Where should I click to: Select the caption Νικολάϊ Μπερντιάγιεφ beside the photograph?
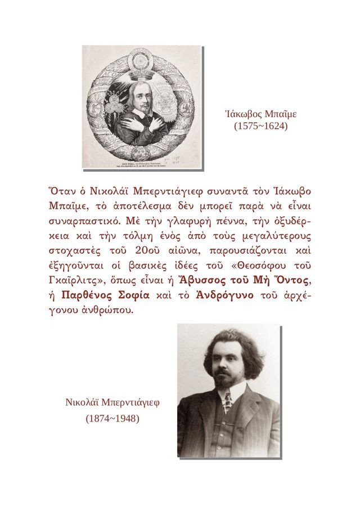click(x=113, y=403)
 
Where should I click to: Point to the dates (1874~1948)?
click(x=112, y=419)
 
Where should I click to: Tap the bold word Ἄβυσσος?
click(x=195, y=279)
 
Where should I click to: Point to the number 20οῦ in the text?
click(x=148, y=249)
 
